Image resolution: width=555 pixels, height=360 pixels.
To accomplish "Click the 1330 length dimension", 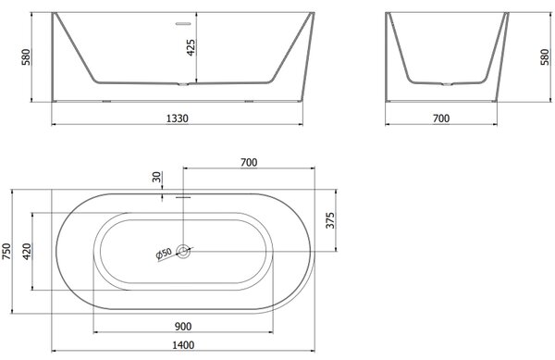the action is click(178, 118).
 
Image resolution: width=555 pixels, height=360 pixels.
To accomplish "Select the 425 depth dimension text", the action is click(191, 47).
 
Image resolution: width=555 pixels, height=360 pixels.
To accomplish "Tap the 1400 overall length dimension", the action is click(183, 345).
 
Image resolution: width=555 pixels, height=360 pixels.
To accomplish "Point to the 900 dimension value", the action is click(183, 327).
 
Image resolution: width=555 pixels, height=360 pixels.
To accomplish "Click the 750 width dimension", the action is click(6, 251).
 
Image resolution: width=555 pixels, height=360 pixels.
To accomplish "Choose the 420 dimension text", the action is click(27, 252).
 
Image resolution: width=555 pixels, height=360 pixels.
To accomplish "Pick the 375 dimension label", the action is click(330, 220).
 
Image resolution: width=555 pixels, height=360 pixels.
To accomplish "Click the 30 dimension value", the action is click(157, 177).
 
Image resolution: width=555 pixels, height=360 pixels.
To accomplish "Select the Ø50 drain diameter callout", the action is click(164, 254).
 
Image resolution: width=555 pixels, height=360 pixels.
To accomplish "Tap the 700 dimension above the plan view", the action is click(249, 163).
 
